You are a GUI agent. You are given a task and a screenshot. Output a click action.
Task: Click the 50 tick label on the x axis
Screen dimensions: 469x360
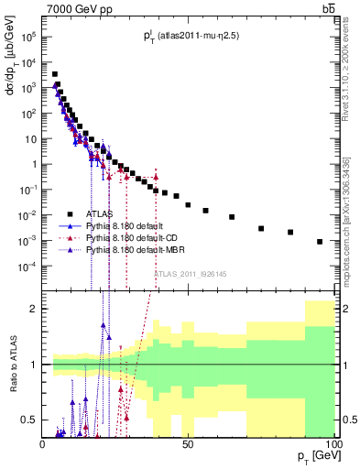pos(189,444)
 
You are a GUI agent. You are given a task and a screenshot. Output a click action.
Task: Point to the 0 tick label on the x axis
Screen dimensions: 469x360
pos(43,444)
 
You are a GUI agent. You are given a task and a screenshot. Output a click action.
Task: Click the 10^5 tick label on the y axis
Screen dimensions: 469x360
pos(27,38)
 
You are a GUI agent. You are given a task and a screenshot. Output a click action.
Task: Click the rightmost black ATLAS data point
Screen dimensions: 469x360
pos(320,242)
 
